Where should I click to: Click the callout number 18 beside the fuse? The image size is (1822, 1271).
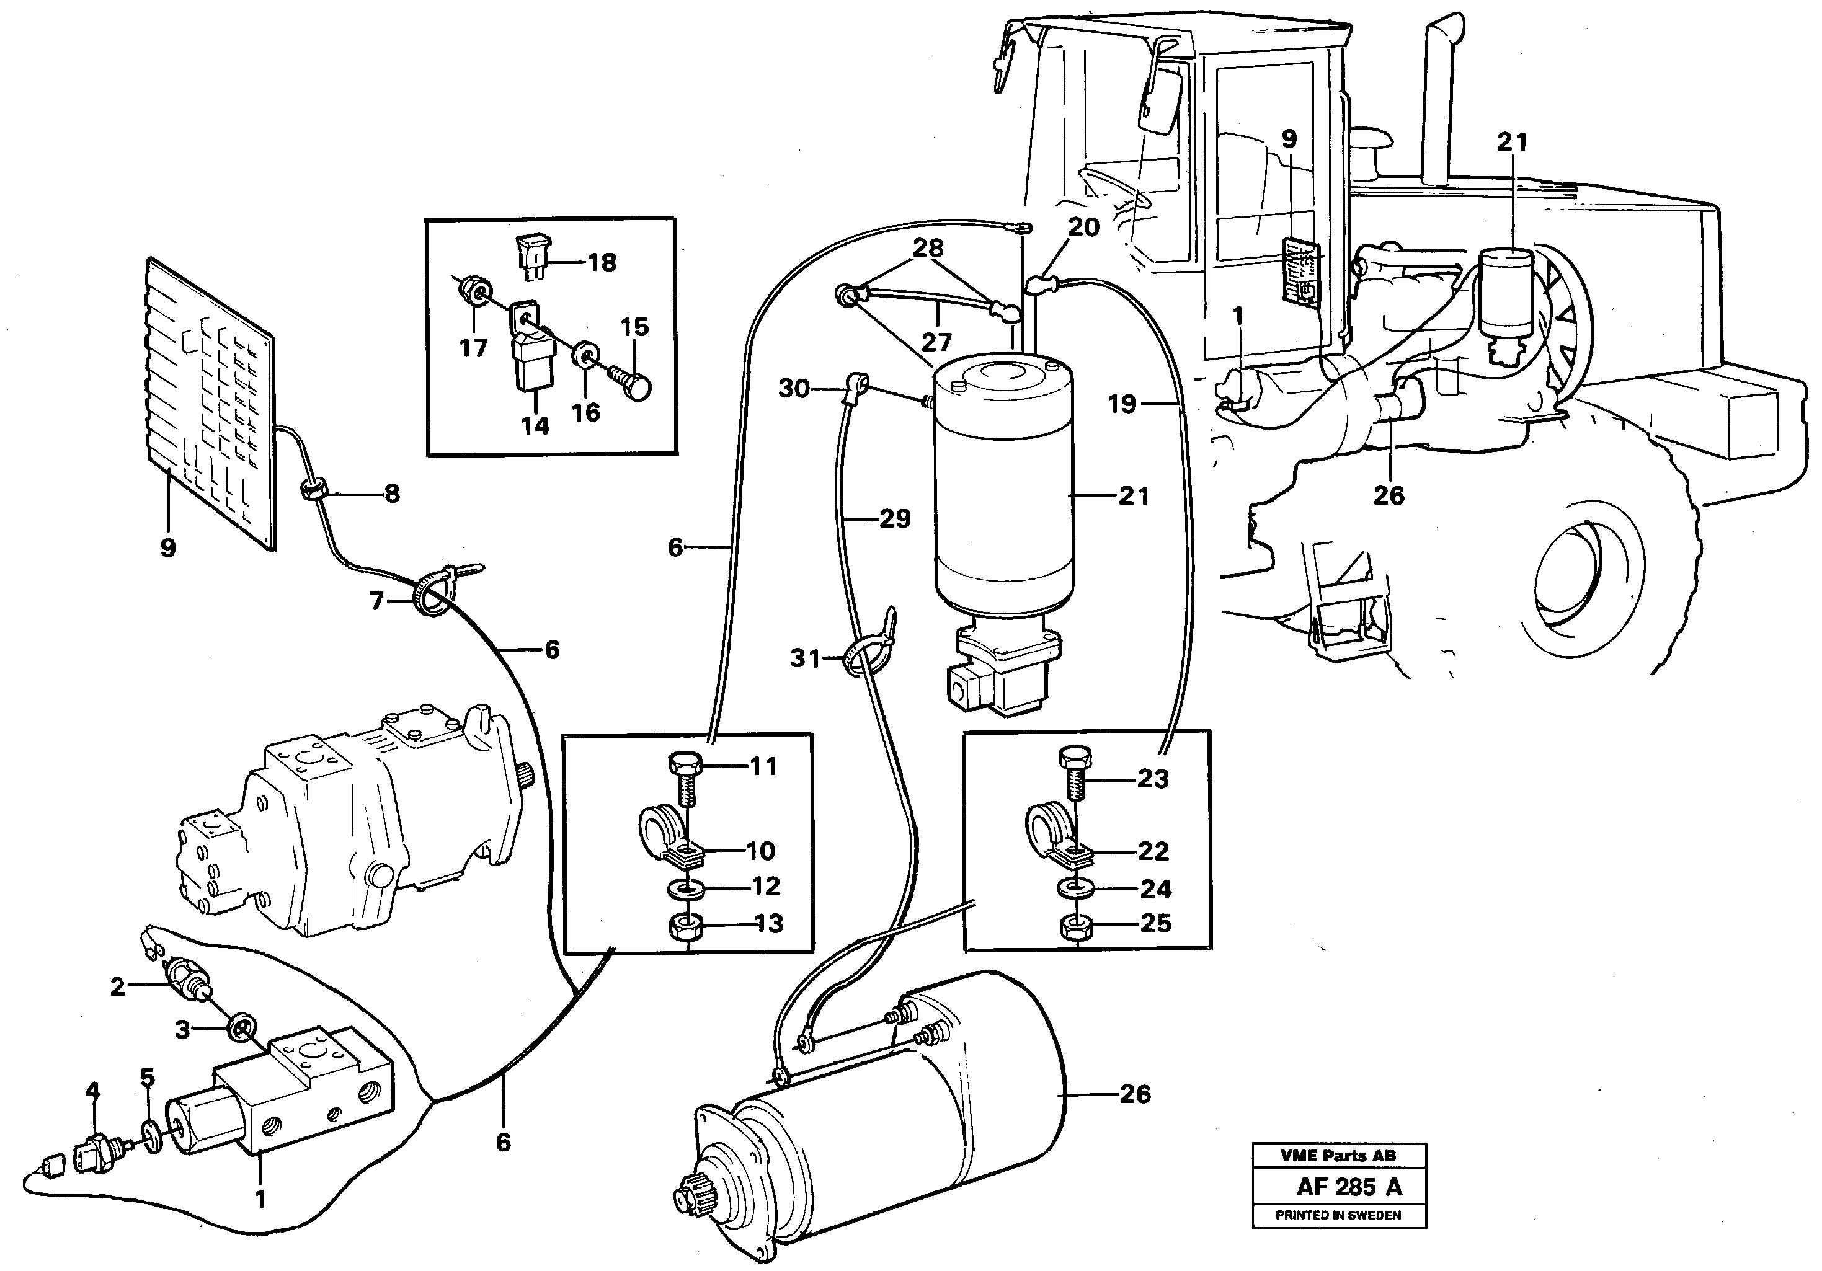(602, 263)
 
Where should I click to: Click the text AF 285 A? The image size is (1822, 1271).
(1349, 1187)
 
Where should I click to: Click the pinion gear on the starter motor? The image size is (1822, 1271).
(689, 1200)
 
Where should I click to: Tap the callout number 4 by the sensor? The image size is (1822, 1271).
(93, 1092)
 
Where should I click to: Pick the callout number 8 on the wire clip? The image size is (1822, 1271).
(391, 494)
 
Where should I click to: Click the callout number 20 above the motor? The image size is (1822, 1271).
(1083, 228)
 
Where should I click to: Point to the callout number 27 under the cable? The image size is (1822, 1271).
(936, 342)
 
